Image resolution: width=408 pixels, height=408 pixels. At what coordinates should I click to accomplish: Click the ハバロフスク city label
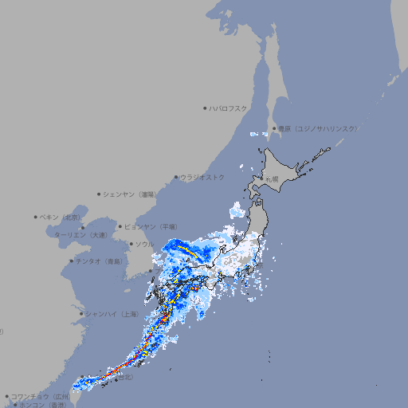(x=229, y=108)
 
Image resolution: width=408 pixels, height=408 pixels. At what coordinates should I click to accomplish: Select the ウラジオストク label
(x=202, y=177)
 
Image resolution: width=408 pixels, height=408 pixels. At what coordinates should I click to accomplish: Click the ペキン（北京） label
(x=61, y=217)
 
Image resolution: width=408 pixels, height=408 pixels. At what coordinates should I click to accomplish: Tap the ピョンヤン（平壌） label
(x=155, y=226)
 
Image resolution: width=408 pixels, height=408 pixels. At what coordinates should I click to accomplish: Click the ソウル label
(x=143, y=244)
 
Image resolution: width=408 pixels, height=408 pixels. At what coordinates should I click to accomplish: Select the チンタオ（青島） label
(x=99, y=261)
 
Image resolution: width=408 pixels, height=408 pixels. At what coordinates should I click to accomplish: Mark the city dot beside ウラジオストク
(x=176, y=177)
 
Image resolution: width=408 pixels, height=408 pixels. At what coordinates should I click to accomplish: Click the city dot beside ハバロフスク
(x=205, y=108)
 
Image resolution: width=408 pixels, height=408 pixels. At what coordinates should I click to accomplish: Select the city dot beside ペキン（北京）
(x=36, y=217)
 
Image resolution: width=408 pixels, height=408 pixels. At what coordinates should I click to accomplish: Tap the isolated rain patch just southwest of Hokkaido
(x=237, y=211)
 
